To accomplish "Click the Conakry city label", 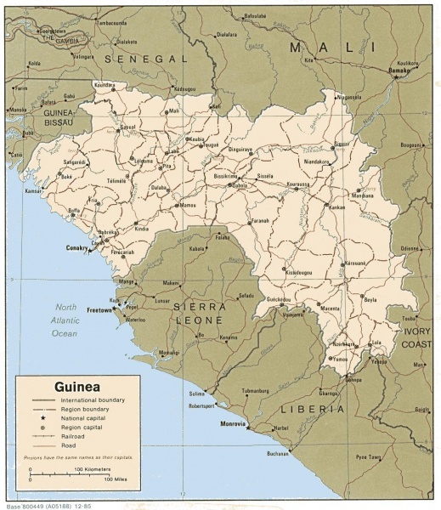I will (x=77, y=248).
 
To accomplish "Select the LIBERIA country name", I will (x=314, y=409).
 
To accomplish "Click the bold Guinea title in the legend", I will (x=73, y=384).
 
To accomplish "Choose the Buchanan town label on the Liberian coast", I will (x=277, y=453).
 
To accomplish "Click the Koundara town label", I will (x=104, y=85).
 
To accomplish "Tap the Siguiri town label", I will (x=342, y=144).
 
